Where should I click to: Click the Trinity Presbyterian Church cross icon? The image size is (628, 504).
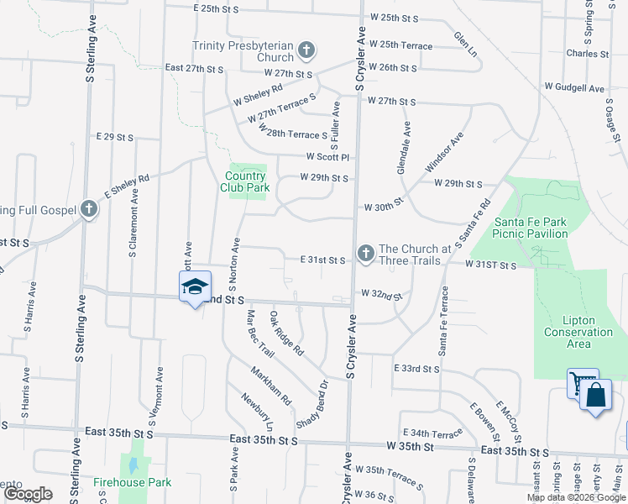(x=306, y=51)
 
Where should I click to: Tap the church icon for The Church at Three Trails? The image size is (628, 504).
(x=365, y=253)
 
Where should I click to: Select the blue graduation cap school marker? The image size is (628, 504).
(x=195, y=286)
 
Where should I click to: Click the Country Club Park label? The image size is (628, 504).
(x=246, y=181)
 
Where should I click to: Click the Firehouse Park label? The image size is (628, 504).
(x=132, y=482)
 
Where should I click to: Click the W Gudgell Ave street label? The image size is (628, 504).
(x=574, y=87)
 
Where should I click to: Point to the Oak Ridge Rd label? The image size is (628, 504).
(x=286, y=333)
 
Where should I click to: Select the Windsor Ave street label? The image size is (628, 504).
(x=445, y=152)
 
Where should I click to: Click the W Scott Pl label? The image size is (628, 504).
(x=327, y=156)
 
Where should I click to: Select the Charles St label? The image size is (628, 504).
(x=582, y=54)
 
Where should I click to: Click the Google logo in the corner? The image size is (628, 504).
(x=29, y=494)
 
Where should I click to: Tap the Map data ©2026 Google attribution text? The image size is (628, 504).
(x=575, y=497)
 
